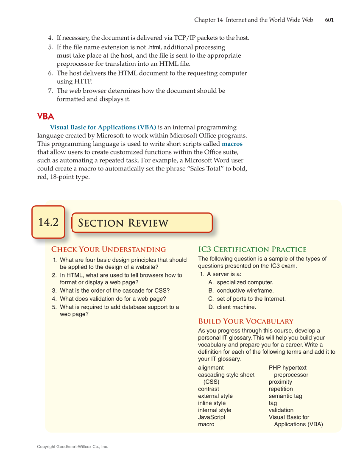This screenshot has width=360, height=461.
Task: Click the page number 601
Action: point(329,20)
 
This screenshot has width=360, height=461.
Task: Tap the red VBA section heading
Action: point(45,116)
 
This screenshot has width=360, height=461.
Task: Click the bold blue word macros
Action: point(232,144)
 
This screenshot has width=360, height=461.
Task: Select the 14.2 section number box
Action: point(48,222)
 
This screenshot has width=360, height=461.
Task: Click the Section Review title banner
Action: point(142,223)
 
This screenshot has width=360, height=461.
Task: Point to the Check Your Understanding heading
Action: point(109,249)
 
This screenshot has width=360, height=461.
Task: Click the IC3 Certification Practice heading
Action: point(252,249)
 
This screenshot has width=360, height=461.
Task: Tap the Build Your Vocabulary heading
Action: point(246,321)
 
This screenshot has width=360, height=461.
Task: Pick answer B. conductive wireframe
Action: point(241,291)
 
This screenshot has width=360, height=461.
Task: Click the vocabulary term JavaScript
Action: point(212,417)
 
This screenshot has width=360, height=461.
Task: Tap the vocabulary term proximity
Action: point(280,382)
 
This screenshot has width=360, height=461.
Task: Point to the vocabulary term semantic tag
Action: point(285,396)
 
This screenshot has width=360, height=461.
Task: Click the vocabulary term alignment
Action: point(211,368)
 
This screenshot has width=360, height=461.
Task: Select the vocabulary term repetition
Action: point(281,389)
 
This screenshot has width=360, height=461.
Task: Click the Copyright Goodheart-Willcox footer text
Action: point(73,447)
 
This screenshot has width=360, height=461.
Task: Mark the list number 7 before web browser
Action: point(50,91)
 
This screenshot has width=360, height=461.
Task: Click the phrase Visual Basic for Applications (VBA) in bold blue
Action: point(103,127)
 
